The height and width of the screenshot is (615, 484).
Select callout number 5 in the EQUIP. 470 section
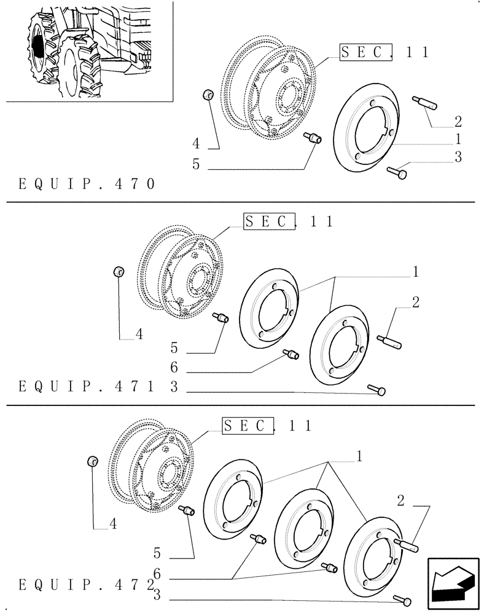[196, 164]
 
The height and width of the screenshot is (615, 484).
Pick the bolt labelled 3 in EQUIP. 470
[396, 174]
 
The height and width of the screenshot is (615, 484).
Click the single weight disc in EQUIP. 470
[367, 127]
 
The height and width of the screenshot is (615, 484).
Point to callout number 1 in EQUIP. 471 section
[416, 271]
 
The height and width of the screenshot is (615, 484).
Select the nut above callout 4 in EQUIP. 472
[93, 461]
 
